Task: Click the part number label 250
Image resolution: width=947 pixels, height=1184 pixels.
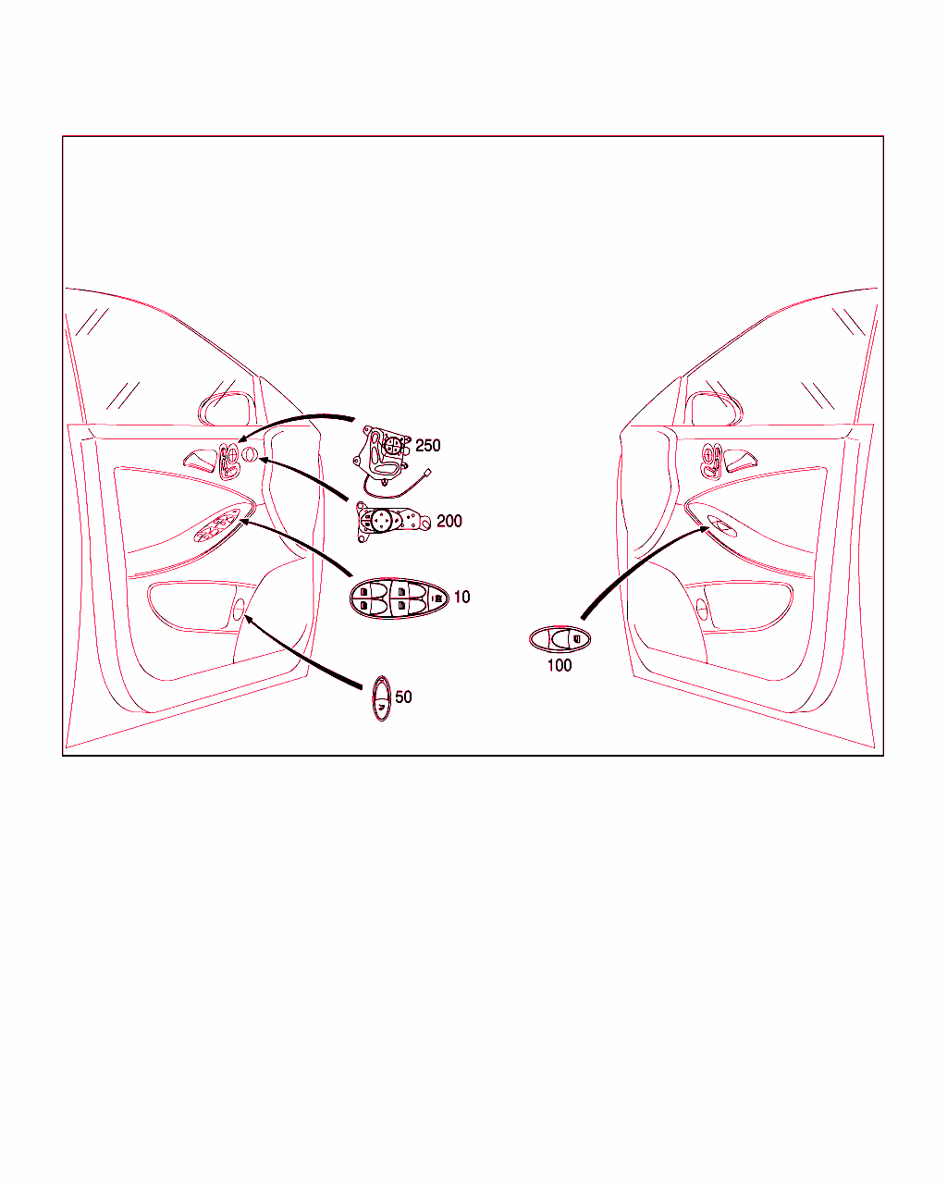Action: click(x=427, y=446)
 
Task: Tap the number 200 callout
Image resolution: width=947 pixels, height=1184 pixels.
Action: click(x=449, y=521)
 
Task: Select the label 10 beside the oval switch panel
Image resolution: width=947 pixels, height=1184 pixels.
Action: click(x=461, y=597)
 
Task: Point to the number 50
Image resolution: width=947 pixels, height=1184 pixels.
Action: click(x=403, y=697)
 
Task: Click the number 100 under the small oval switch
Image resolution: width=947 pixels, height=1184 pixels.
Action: click(x=560, y=666)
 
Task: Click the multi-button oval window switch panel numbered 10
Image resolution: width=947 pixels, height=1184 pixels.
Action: click(x=399, y=598)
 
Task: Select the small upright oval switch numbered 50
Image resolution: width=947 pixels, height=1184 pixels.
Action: click(x=381, y=698)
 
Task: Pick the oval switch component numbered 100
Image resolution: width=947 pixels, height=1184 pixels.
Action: click(x=560, y=639)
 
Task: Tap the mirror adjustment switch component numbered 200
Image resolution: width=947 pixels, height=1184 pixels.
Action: click(x=392, y=522)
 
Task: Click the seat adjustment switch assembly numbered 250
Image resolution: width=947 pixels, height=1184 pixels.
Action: click(x=381, y=455)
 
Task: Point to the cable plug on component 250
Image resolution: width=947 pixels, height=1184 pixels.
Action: click(x=426, y=473)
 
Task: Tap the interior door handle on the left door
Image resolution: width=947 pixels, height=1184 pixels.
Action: click(x=201, y=461)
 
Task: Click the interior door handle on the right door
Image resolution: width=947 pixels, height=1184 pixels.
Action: click(x=740, y=461)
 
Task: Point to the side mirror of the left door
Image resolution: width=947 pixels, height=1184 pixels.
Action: click(x=228, y=409)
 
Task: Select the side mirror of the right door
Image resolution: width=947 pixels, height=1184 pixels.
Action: click(x=717, y=409)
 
